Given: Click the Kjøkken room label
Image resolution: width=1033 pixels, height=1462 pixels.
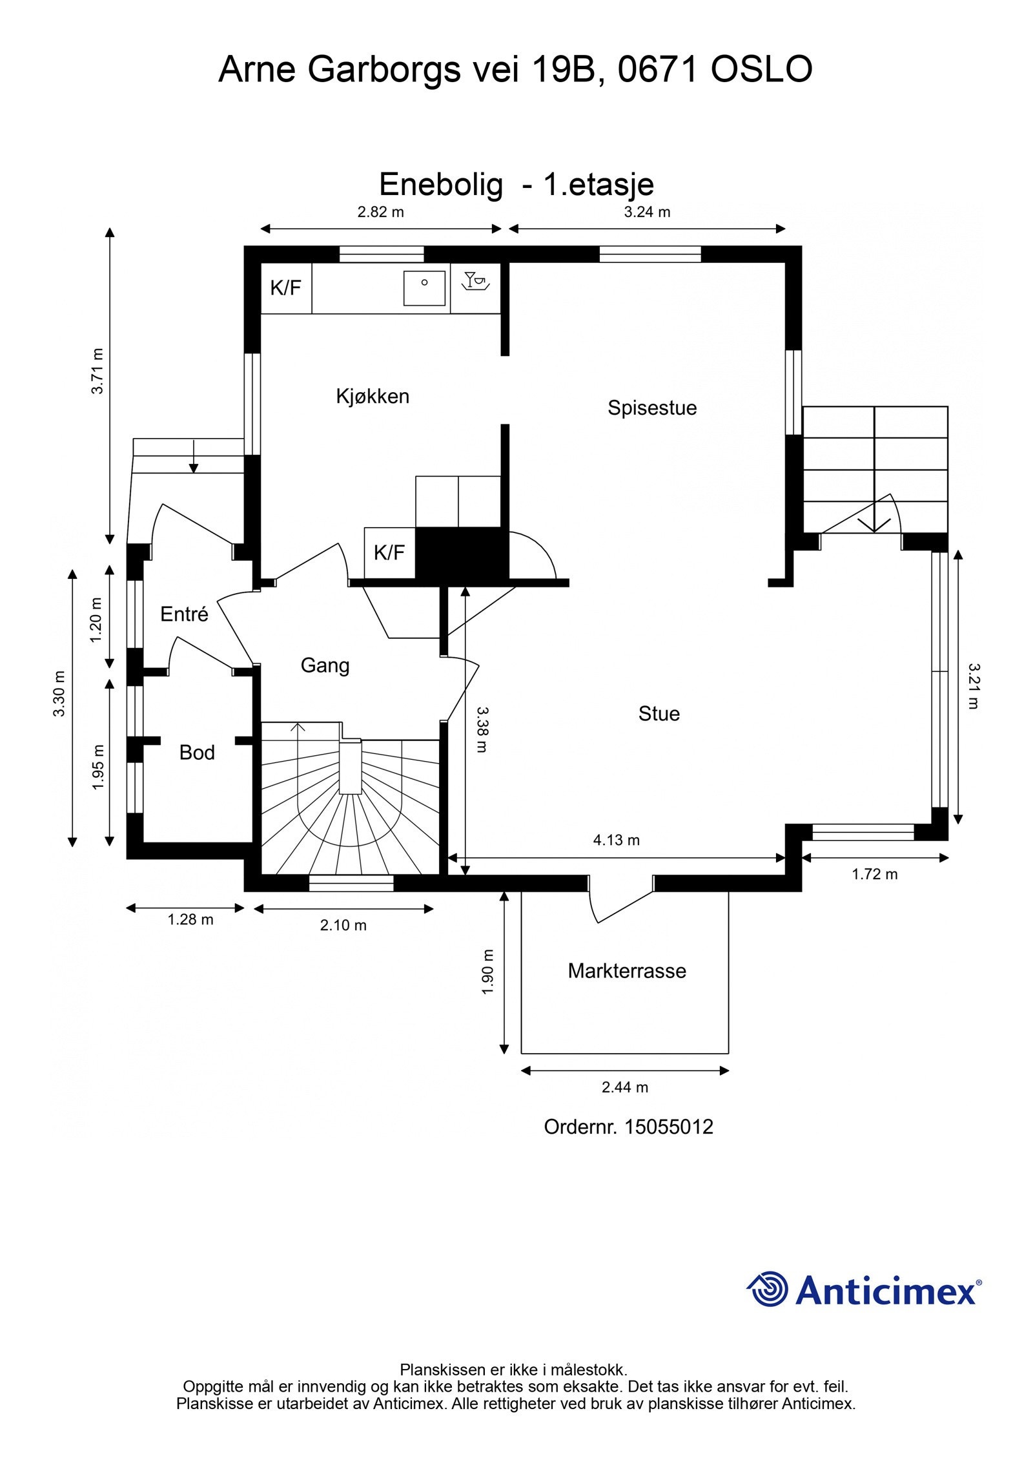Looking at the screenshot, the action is pyautogui.click(x=373, y=396).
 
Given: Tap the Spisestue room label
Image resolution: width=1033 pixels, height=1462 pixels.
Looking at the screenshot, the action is pyautogui.click(x=652, y=408).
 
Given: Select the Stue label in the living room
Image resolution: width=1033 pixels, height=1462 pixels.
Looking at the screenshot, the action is pyautogui.click(x=659, y=714).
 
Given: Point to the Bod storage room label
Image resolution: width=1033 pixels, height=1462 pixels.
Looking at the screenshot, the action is pyautogui.click(x=197, y=753).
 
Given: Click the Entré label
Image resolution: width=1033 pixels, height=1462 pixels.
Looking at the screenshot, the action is pyautogui.click(x=184, y=614).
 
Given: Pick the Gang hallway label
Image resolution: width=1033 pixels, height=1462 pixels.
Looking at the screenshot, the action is pyautogui.click(x=325, y=666).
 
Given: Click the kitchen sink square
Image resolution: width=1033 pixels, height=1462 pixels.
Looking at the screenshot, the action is pyautogui.click(x=424, y=288).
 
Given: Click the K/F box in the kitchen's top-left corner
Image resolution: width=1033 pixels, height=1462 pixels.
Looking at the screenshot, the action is pyautogui.click(x=286, y=288).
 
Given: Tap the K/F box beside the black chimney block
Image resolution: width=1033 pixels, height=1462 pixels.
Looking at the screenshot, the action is pyautogui.click(x=389, y=552).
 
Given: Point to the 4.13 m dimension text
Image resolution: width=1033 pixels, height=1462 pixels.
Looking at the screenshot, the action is pyautogui.click(x=616, y=840).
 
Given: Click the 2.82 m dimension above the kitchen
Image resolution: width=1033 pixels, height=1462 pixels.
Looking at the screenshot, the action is pyautogui.click(x=381, y=212).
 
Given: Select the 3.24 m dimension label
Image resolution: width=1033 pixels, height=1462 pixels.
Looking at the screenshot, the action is pyautogui.click(x=647, y=212).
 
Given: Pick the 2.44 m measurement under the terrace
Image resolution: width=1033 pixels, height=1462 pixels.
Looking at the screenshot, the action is pyautogui.click(x=625, y=1087).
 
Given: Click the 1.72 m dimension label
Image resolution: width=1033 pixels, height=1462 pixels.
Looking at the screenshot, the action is pyautogui.click(x=875, y=874).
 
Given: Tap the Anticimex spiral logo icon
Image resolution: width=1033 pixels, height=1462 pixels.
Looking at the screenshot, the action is pyautogui.click(x=767, y=1289).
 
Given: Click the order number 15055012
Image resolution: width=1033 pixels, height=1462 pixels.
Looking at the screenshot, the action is pyautogui.click(x=669, y=1127).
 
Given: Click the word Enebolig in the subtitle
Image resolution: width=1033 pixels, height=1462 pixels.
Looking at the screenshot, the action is pyautogui.click(x=440, y=185).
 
